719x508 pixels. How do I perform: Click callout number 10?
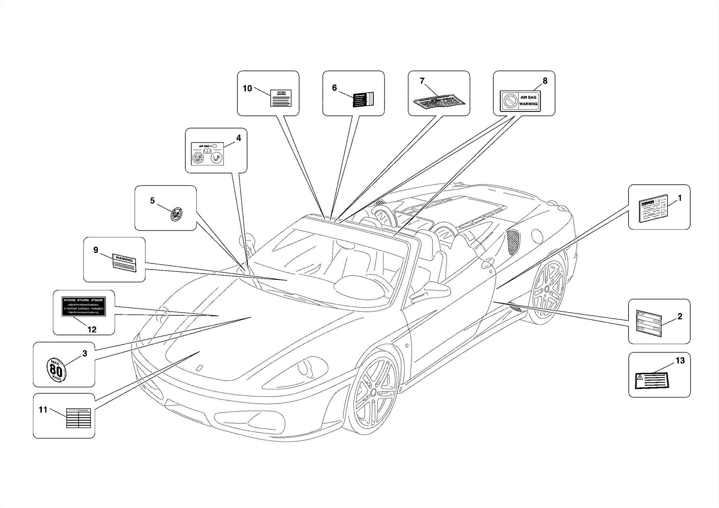[x=247, y=88]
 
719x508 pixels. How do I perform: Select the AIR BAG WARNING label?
[x=520, y=101]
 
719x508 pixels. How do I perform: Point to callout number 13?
[x=680, y=361]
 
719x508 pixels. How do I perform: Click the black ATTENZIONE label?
[x=84, y=306]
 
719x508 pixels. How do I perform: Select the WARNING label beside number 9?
[x=124, y=263]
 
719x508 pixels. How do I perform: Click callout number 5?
[x=152, y=200]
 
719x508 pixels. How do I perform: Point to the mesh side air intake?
[x=513, y=242]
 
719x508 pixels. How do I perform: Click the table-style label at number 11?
[x=79, y=418]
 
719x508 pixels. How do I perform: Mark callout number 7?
[x=422, y=81]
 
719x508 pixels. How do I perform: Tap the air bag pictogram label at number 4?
[x=207, y=154]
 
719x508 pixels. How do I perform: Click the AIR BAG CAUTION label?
[x=281, y=98]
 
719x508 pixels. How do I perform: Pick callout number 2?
[x=680, y=317]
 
